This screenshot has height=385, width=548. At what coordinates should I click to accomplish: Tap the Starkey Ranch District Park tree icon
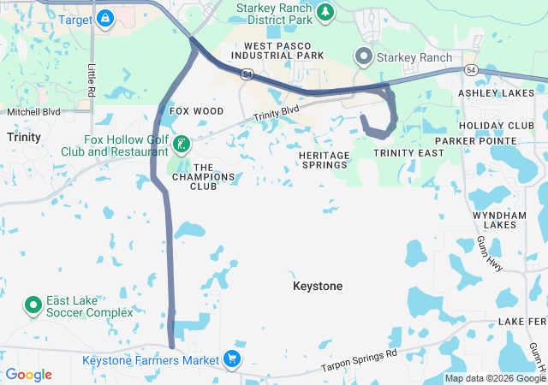point(325,12)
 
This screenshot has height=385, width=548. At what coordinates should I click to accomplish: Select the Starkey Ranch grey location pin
point(363,57)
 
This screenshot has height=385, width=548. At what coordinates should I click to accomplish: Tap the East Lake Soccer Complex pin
point(33,305)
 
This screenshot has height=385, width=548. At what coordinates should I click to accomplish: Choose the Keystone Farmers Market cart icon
point(231,358)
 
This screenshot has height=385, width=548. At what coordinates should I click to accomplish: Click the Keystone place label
point(318,286)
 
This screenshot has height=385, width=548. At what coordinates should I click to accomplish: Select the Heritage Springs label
point(325,160)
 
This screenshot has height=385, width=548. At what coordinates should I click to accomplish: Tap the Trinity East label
point(408,153)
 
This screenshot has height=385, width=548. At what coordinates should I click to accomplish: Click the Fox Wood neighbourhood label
point(196,111)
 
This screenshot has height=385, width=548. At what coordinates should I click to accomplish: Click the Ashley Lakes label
point(502,92)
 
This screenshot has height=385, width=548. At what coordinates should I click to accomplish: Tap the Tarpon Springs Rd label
point(360,359)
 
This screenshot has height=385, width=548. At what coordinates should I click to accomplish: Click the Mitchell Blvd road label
point(34,112)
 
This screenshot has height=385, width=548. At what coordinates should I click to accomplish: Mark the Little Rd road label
point(92,80)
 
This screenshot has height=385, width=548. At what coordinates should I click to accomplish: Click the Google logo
point(28,375)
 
